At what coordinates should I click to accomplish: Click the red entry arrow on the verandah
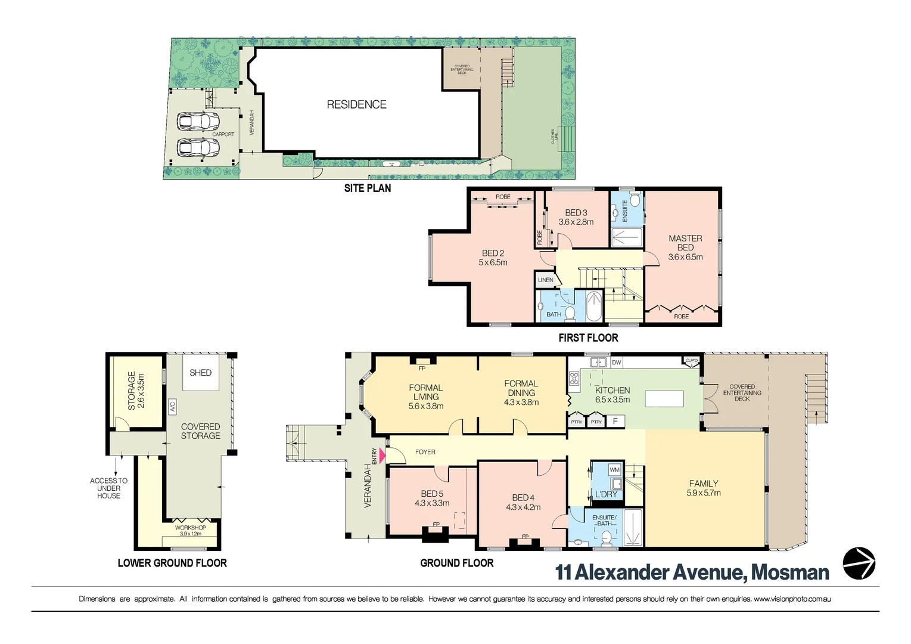pyautogui.click(x=383, y=457)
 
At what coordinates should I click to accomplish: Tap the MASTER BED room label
pyautogui.click(x=685, y=243)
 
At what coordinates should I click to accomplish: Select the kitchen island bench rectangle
pyautogui.click(x=664, y=398)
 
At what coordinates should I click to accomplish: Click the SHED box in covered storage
pyautogui.click(x=200, y=373)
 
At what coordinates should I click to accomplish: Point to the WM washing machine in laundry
pyautogui.click(x=614, y=470)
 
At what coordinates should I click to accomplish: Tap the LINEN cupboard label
pyautogui.click(x=545, y=280)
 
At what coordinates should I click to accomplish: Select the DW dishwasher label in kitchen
pyautogui.click(x=616, y=363)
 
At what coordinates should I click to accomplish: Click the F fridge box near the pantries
pyautogui.click(x=615, y=422)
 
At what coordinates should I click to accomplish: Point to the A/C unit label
pyautogui.click(x=172, y=407)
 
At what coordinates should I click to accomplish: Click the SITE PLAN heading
pyautogui.click(x=368, y=188)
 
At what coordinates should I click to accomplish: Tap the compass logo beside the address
pyautogui.click(x=859, y=563)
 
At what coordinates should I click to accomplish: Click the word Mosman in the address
pyautogui.click(x=790, y=573)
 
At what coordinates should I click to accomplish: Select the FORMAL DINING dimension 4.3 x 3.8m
pyautogui.click(x=521, y=402)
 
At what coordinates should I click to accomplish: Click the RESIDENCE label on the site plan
pyautogui.click(x=356, y=104)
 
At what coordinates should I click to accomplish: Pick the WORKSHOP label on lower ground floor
pyautogui.click(x=190, y=528)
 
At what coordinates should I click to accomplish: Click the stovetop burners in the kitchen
pyautogui.click(x=574, y=378)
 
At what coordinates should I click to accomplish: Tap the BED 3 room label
pyautogui.click(x=576, y=213)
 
